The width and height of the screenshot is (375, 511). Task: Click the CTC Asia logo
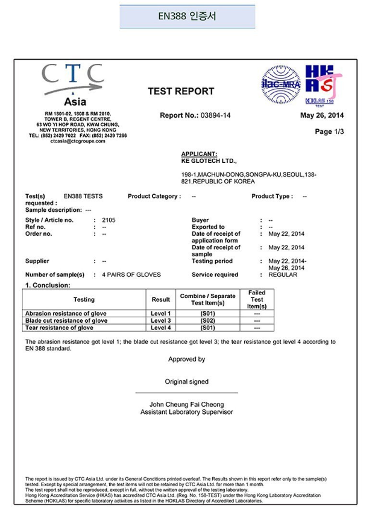click(73, 85)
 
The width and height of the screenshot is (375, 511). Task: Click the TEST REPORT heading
click(181, 92)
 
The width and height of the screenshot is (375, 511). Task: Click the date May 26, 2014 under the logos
click(322, 115)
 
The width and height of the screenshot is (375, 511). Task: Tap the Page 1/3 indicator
click(329, 132)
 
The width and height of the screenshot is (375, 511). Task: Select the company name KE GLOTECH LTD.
click(209, 162)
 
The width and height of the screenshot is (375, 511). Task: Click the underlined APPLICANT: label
click(199, 154)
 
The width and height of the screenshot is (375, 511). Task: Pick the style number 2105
click(109, 220)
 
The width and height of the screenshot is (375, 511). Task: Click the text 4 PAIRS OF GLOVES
click(131, 275)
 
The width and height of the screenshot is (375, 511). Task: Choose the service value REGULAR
click(283, 275)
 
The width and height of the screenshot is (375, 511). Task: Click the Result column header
click(161, 299)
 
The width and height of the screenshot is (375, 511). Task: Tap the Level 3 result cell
click(161, 321)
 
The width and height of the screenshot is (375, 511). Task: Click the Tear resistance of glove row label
click(59, 328)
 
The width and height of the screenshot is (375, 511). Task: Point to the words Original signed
click(187, 381)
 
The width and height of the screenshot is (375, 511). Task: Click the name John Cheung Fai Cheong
click(187, 404)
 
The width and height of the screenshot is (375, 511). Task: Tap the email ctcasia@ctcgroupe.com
click(78, 141)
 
